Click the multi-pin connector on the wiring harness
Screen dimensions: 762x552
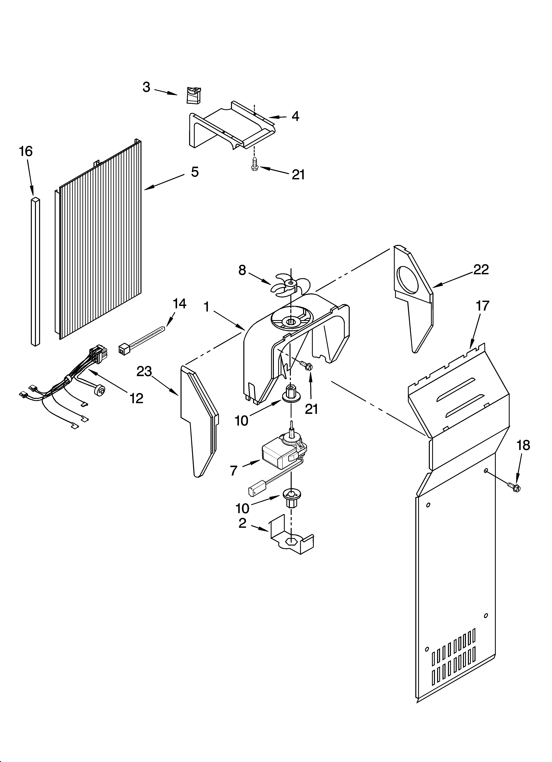(x=96, y=355)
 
